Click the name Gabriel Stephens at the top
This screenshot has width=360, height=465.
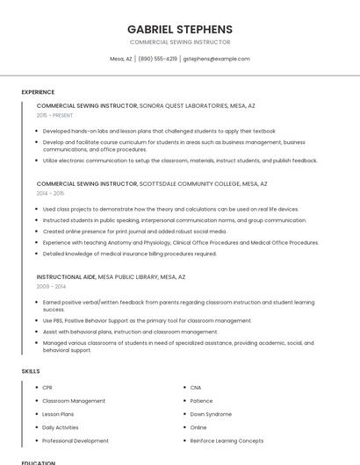[x=180, y=29]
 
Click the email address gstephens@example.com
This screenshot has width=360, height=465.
[x=216, y=59]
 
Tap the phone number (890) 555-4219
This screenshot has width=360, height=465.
[x=157, y=59]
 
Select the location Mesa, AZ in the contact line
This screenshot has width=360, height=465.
[x=121, y=59]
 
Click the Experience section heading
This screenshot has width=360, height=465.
[x=38, y=92]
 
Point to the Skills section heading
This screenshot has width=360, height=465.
[x=31, y=371]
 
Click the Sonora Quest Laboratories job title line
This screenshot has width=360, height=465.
[x=146, y=105]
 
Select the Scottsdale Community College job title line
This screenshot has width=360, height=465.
[x=152, y=184]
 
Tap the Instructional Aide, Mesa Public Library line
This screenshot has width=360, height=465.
[x=111, y=276]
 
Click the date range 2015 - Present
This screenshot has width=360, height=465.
[x=54, y=115]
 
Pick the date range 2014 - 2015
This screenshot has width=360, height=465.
[x=50, y=194]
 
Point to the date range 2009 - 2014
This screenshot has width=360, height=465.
[x=50, y=286]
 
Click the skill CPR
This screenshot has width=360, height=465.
[x=47, y=387]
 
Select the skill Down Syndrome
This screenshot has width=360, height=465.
[x=211, y=413]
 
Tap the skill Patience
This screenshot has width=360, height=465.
[x=202, y=400]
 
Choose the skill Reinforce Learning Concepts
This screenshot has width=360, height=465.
[x=227, y=440]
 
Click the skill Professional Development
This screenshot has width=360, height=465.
[x=76, y=440]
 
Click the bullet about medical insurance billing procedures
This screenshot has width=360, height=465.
[x=129, y=254]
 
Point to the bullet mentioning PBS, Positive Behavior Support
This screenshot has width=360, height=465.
[x=147, y=320]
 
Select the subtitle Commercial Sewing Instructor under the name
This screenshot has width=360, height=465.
[x=180, y=42]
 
